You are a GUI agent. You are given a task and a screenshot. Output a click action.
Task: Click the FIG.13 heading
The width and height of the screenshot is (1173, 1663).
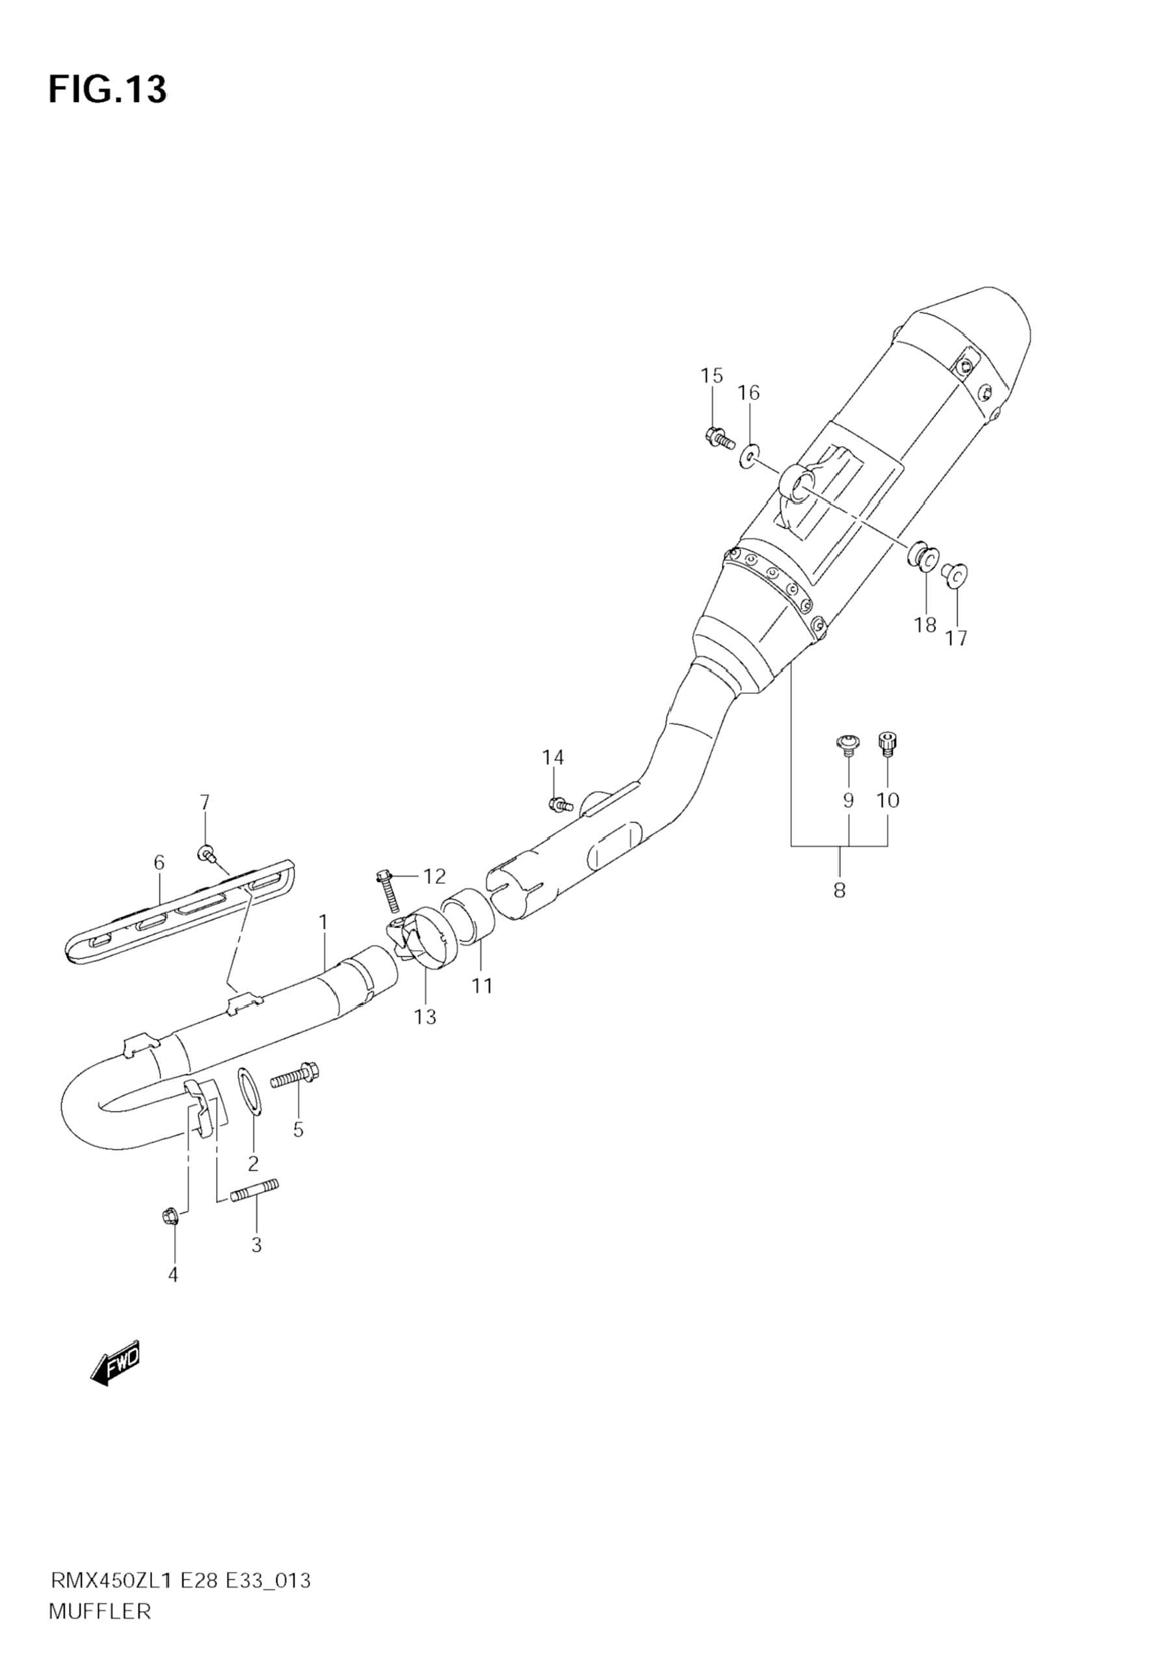pyautogui.click(x=107, y=90)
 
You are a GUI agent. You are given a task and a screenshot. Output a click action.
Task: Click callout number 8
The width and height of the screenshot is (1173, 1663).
pyautogui.click(x=839, y=890)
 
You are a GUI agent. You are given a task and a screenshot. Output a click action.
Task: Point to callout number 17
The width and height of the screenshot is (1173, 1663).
pyautogui.click(x=956, y=638)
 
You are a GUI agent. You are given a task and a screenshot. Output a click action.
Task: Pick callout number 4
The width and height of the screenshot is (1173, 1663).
pyautogui.click(x=172, y=1275)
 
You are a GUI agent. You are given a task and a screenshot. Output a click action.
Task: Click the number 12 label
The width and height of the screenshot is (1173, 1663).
pyautogui.click(x=434, y=877)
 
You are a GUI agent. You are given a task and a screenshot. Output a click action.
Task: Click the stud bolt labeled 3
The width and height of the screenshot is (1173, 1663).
pyautogui.click(x=256, y=1191)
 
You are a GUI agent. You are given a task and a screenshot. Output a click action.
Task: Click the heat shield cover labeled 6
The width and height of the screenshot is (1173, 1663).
pyautogui.click(x=181, y=916)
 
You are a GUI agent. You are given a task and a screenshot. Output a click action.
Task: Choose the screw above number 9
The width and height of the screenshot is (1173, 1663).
pyautogui.click(x=847, y=745)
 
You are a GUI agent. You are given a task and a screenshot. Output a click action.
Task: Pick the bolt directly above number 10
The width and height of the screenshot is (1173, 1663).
pyautogui.click(x=887, y=744)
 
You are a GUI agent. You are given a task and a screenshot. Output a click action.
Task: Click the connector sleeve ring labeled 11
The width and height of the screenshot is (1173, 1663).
pyautogui.click(x=468, y=917)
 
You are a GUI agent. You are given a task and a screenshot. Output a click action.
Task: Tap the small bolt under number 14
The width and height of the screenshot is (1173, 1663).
pyautogui.click(x=560, y=803)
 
